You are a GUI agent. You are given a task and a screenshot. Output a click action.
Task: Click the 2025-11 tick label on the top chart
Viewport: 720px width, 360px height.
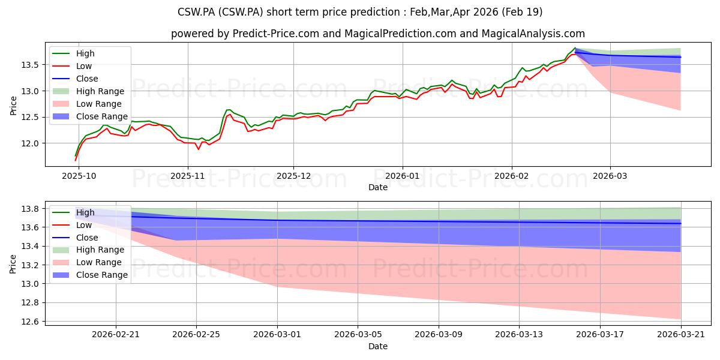pyautogui.click(x=188, y=176)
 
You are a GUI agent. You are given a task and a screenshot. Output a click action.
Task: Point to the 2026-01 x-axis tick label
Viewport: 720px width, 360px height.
pyautogui.click(x=403, y=176)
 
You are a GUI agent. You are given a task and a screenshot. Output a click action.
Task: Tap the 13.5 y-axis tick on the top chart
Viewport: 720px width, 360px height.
pyautogui.click(x=30, y=65)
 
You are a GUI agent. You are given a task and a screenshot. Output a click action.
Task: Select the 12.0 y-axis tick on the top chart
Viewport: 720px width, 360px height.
pyautogui.click(x=30, y=143)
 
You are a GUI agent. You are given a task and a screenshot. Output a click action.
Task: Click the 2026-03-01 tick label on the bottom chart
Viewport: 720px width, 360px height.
pyautogui.click(x=277, y=335)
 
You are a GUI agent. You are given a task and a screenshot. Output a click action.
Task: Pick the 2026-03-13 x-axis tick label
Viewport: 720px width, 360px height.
pyautogui.click(x=519, y=335)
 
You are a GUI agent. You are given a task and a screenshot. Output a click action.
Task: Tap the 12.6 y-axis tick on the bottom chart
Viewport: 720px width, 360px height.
pyautogui.click(x=30, y=322)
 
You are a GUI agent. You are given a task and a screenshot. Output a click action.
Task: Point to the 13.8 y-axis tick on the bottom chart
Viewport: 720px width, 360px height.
pyautogui.click(x=30, y=209)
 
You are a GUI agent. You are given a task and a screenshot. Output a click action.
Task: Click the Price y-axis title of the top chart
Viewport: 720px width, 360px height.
pyautogui.click(x=13, y=106)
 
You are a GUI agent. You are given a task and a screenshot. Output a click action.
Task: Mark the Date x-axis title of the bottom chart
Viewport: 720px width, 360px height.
pyautogui.click(x=378, y=346)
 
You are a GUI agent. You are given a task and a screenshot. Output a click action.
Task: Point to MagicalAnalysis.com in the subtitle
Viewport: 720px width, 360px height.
pyautogui.click(x=533, y=34)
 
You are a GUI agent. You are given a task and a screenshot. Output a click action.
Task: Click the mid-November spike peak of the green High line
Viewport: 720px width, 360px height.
pyautogui.click(x=228, y=110)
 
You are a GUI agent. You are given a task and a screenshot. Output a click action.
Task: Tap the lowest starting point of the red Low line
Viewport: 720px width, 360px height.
pyautogui.click(x=76, y=160)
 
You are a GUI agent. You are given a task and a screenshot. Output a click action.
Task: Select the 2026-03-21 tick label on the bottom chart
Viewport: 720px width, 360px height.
pyautogui.click(x=681, y=335)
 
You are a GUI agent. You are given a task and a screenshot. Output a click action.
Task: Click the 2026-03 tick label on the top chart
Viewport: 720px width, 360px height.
pyautogui.click(x=610, y=176)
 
